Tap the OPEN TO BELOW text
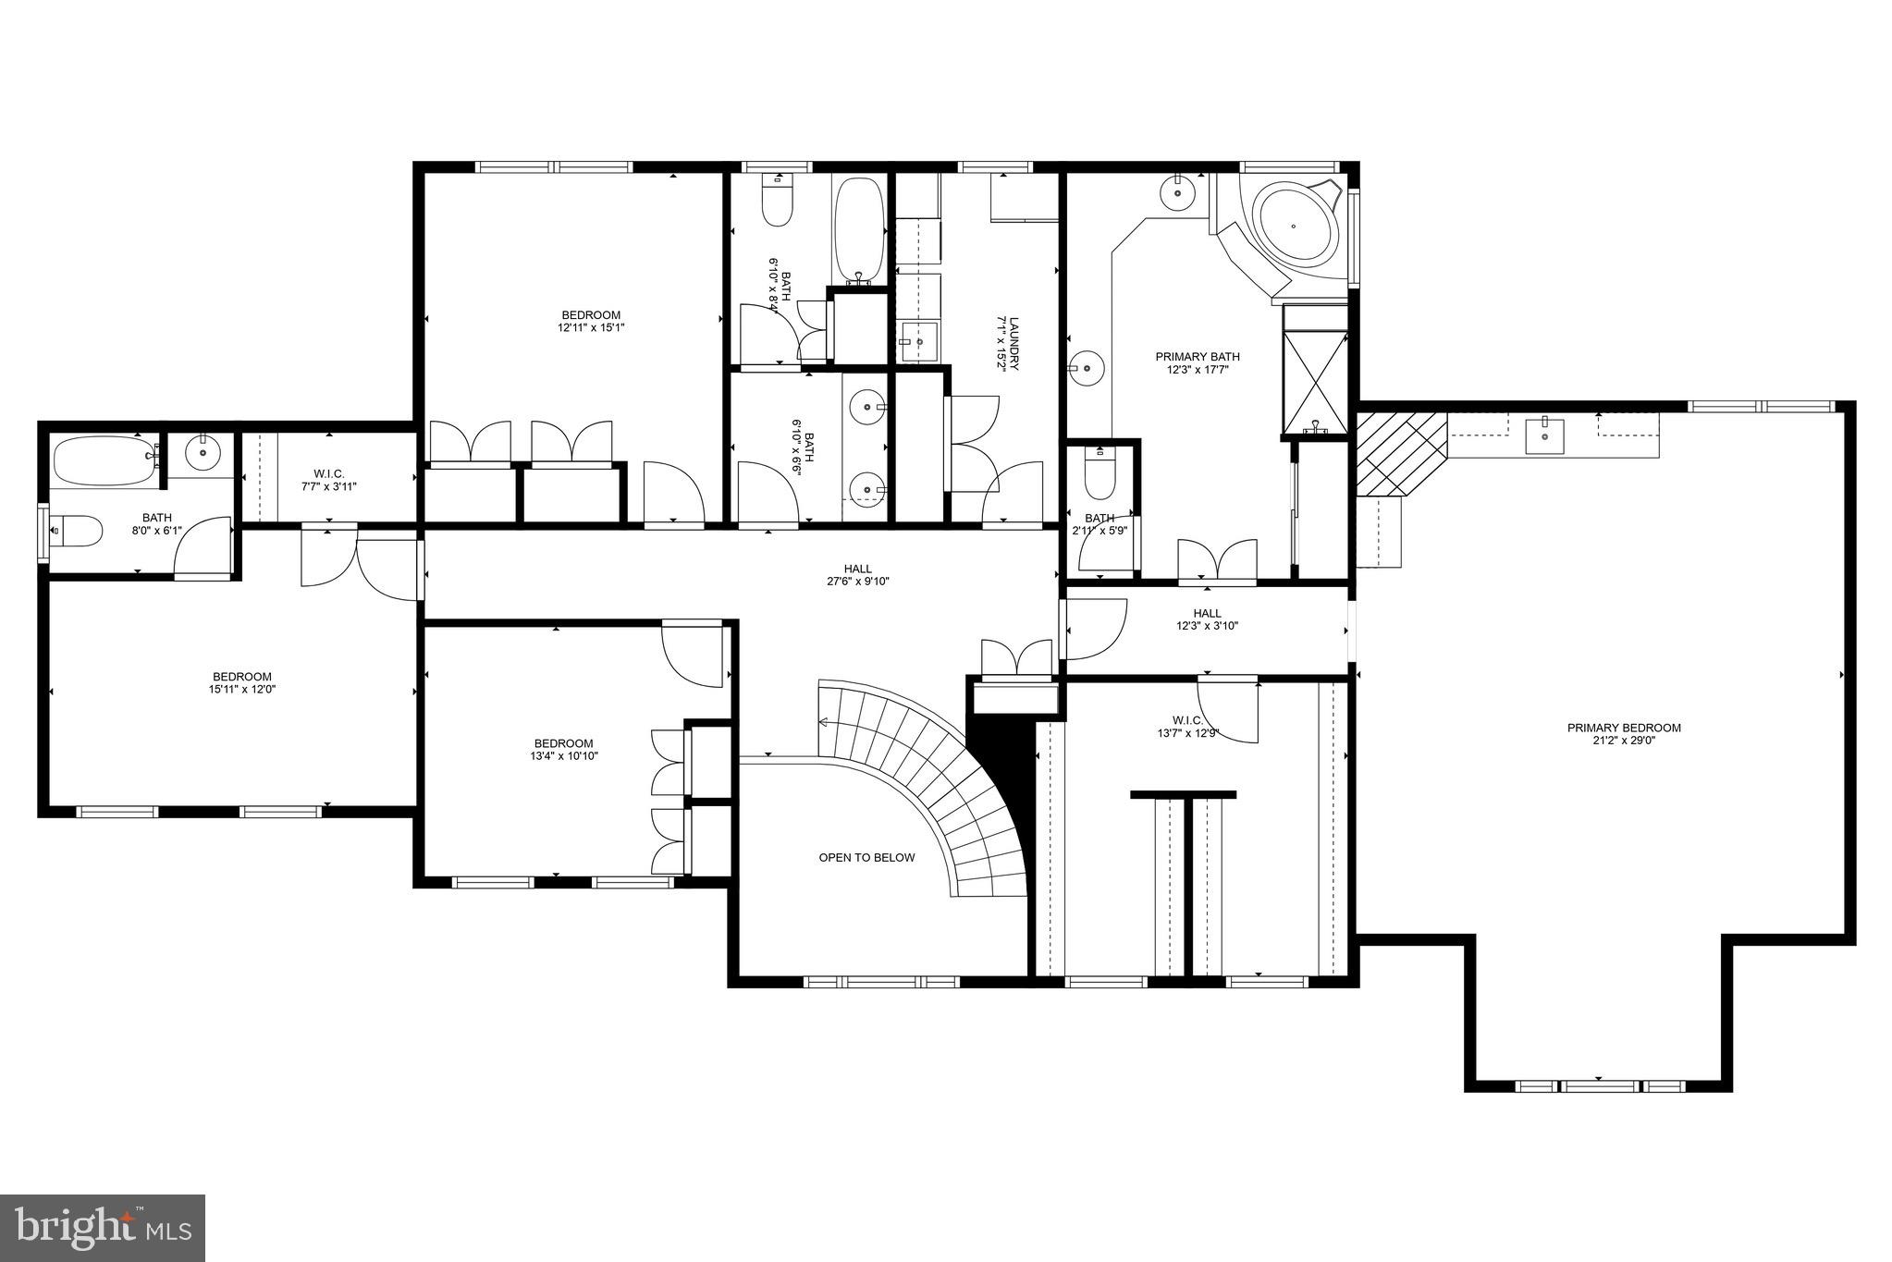[x=866, y=858]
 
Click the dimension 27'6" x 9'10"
[x=857, y=582]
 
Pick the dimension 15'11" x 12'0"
[x=242, y=689]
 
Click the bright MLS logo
[x=103, y=1228]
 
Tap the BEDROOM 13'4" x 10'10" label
[x=563, y=749]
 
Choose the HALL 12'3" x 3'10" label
[x=1206, y=619]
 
